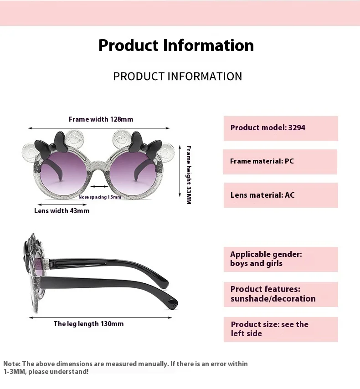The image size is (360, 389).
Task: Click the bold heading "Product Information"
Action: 176,46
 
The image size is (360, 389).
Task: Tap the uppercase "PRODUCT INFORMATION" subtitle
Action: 177,76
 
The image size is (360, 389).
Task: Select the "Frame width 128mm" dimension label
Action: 101,119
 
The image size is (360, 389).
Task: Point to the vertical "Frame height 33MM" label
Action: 189,174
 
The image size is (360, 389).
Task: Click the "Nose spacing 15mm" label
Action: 100,197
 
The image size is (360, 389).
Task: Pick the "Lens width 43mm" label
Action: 62,211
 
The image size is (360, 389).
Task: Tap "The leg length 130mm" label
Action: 88,324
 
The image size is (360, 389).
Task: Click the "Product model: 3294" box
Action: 280,128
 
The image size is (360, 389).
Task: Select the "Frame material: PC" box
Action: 280,161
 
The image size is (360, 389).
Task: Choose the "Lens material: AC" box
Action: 280,195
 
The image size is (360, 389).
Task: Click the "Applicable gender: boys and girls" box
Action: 280,259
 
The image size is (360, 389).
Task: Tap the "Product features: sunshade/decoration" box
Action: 280,294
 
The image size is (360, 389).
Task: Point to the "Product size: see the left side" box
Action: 280,329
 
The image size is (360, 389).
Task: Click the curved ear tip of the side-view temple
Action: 172,302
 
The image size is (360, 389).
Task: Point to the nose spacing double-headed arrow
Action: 100,186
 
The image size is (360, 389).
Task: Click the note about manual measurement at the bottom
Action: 125,368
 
